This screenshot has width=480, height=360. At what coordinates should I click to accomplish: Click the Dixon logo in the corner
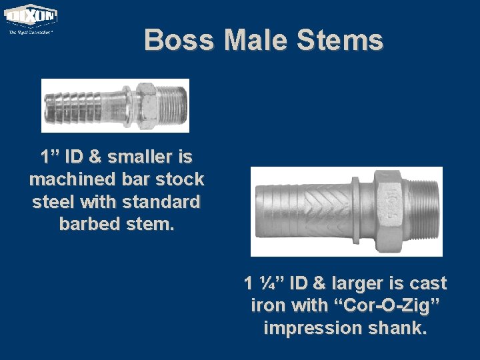click(x=31, y=19)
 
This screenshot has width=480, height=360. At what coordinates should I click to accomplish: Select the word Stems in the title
click(x=340, y=40)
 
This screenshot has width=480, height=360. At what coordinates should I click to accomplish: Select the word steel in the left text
click(x=52, y=201)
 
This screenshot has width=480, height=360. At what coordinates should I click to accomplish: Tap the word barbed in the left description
click(x=87, y=223)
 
